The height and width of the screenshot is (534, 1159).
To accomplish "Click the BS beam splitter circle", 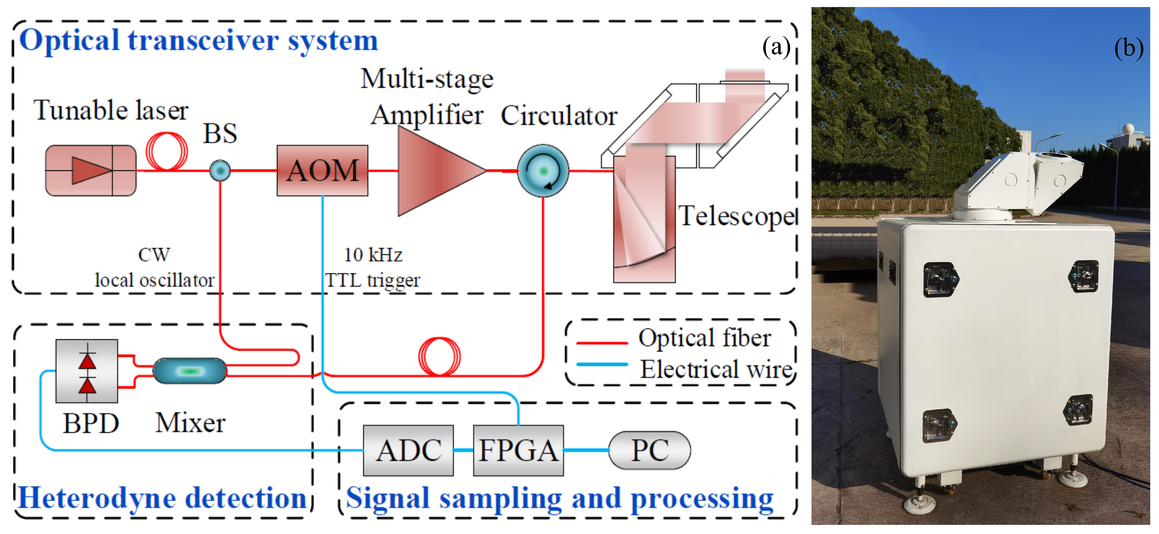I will (x=220, y=171).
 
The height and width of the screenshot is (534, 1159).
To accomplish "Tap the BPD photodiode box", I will (x=86, y=371).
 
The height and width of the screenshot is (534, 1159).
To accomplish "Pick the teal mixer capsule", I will (x=190, y=371).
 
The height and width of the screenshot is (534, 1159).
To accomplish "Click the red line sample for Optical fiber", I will (x=602, y=343).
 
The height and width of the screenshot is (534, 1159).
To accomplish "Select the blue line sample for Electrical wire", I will (x=602, y=364).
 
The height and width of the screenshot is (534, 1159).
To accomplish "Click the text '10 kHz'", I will (x=373, y=255).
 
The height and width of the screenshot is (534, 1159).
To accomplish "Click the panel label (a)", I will (x=776, y=46).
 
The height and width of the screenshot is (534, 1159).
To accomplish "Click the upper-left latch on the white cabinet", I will (x=940, y=280).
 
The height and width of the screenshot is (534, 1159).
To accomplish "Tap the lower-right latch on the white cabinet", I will (x=1078, y=409).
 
